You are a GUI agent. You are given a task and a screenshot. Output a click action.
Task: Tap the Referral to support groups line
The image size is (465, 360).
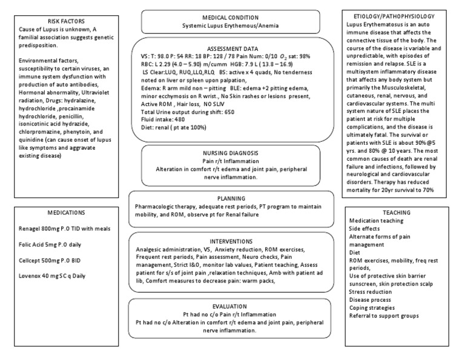(384, 316)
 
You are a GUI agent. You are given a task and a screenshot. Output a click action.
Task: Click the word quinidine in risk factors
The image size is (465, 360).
(34, 147)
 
